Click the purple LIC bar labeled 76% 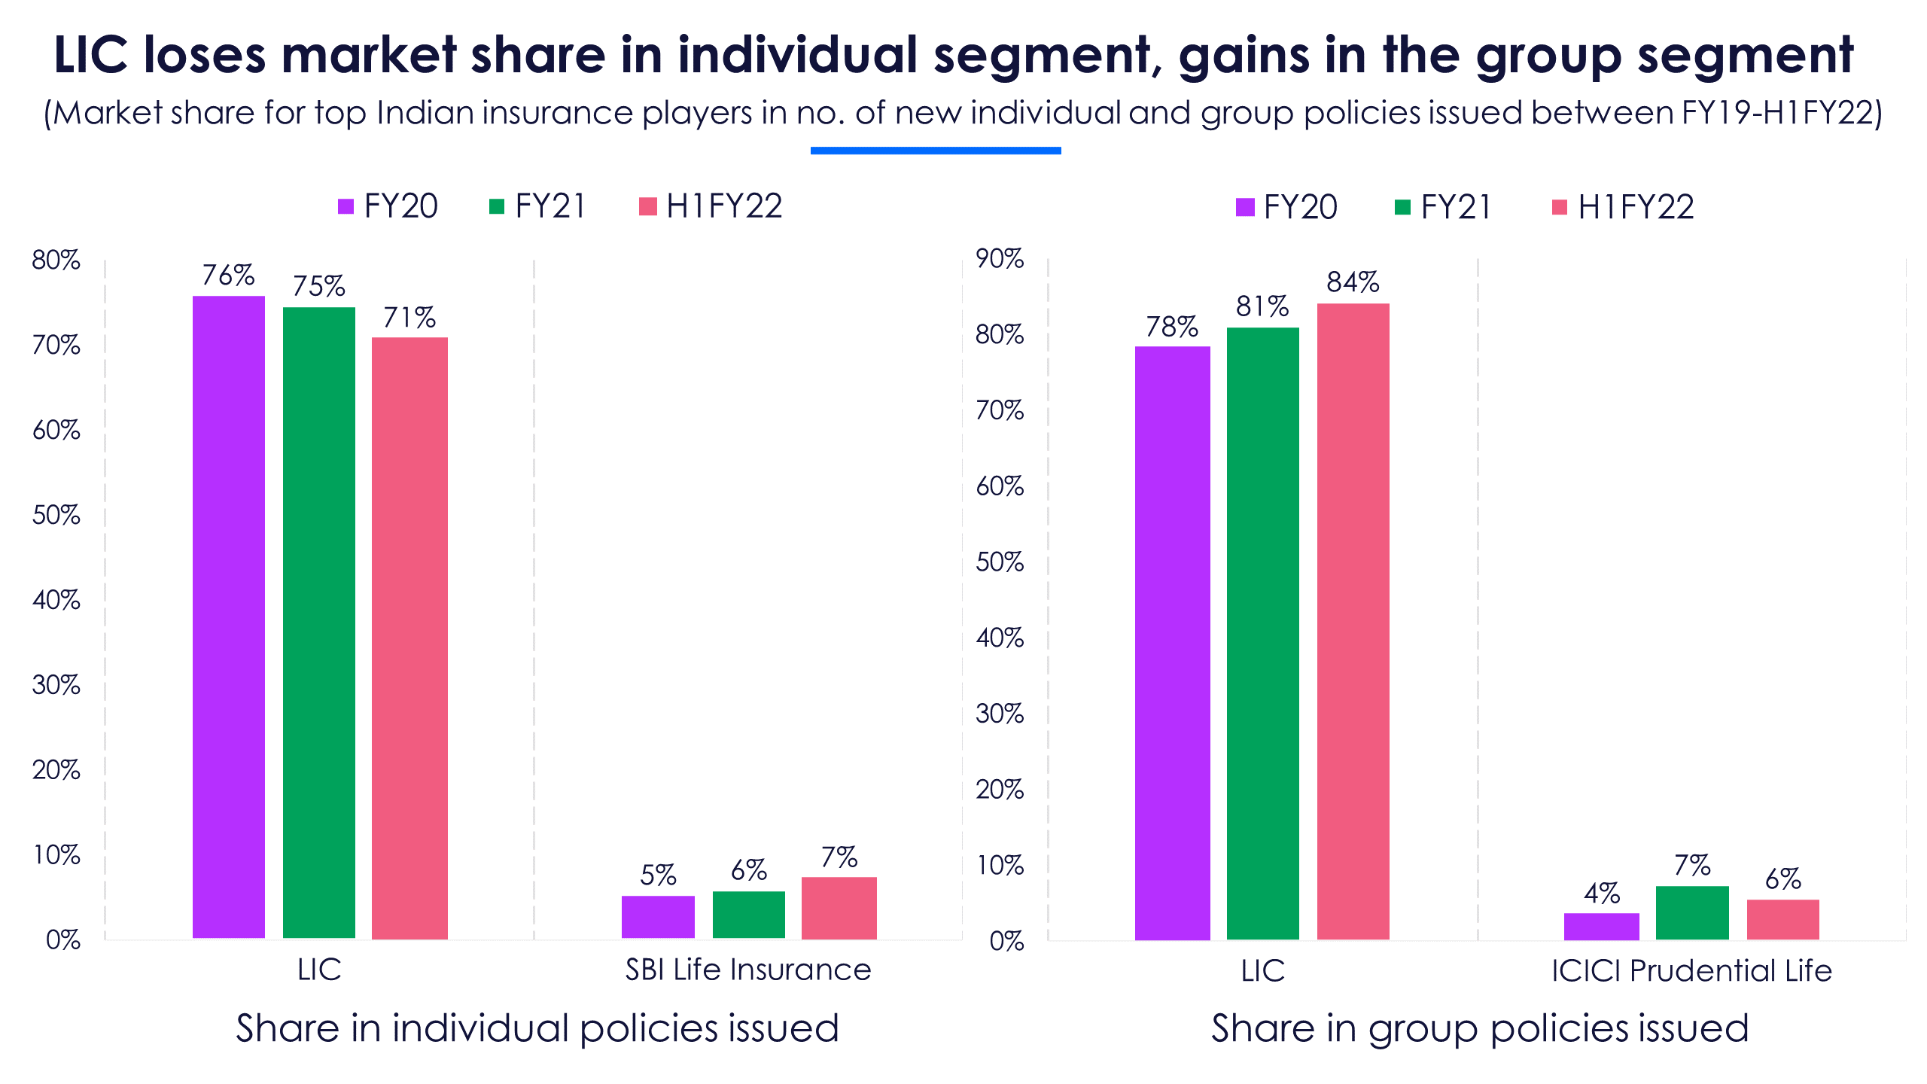(x=229, y=617)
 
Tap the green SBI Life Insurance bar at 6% (x=748, y=915)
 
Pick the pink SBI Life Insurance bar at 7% (x=839, y=908)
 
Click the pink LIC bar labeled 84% (x=1353, y=621)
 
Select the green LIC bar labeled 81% (x=1262, y=633)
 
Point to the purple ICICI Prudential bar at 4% (x=1601, y=926)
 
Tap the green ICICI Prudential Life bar (x=1691, y=912)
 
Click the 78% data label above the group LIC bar (x=1172, y=327)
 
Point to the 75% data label (x=319, y=286)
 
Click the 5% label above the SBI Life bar (x=658, y=875)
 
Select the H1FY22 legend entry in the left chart (x=711, y=206)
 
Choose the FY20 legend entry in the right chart (x=1287, y=207)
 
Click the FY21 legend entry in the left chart (x=537, y=206)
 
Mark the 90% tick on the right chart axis (x=1000, y=259)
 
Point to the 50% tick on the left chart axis (x=56, y=515)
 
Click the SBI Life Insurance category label (x=748, y=970)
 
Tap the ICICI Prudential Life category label (x=1691, y=971)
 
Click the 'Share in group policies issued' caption (x=1480, y=1028)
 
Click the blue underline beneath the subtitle (x=936, y=151)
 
